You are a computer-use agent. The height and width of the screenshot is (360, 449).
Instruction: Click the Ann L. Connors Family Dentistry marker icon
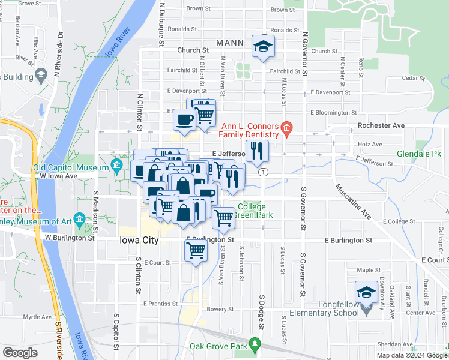287,127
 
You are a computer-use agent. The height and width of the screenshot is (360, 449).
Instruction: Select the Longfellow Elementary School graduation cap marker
364,293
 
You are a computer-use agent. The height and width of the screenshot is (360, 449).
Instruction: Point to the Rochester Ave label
381,126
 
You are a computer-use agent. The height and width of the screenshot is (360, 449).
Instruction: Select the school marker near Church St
262,47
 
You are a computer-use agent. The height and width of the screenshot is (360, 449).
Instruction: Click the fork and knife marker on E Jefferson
256,151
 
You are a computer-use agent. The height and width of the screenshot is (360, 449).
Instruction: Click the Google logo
20,353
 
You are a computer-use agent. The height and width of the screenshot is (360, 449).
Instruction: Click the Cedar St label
414,78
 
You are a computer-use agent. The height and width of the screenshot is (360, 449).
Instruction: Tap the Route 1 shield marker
263,172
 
